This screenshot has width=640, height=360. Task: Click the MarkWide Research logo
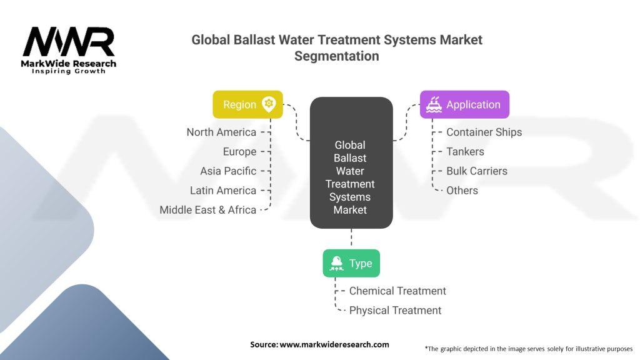point(69,50)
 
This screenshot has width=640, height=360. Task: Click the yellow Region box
point(247,104)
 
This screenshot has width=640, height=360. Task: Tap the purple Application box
point(464,104)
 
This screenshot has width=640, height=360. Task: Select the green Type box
point(351,263)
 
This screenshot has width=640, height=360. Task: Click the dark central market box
point(351,162)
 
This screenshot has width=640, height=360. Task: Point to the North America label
point(221,132)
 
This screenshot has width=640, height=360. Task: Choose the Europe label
point(239,151)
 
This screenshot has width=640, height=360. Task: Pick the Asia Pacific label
point(228,171)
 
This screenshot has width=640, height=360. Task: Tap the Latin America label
point(223,190)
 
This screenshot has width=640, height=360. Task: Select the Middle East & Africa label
point(207,210)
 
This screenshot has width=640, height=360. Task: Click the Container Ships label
point(484,132)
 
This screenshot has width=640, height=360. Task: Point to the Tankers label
point(465,151)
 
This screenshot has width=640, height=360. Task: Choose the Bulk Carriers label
point(477,171)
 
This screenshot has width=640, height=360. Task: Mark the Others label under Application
point(462,190)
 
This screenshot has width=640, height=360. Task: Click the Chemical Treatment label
point(397,291)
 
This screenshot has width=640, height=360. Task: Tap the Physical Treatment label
point(395,310)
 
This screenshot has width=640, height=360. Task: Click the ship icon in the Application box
point(434,104)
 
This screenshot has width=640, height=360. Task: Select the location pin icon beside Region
point(269,104)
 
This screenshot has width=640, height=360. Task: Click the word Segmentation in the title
point(336,56)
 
